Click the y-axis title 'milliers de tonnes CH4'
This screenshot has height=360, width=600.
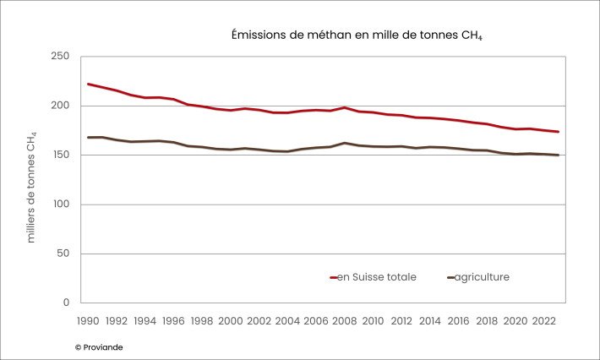(x=31, y=187)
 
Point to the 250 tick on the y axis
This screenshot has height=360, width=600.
(x=61, y=57)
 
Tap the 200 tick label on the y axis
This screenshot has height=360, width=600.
(x=61, y=106)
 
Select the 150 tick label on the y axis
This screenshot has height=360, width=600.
(x=61, y=155)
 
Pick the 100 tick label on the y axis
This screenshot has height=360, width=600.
(x=61, y=205)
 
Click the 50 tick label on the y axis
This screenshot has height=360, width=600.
(x=64, y=254)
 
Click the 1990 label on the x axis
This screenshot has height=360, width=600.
(x=88, y=321)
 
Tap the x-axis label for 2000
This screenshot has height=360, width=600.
(x=229, y=321)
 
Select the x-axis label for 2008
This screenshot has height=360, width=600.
(x=345, y=321)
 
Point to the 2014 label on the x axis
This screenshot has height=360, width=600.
(x=430, y=321)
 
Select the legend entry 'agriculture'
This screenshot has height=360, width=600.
(x=481, y=276)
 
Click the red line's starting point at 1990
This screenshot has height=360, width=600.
(x=88, y=84)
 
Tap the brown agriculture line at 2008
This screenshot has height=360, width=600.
(x=345, y=143)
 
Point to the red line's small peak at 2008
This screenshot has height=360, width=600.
(x=345, y=107)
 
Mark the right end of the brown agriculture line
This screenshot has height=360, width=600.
(x=559, y=155)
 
